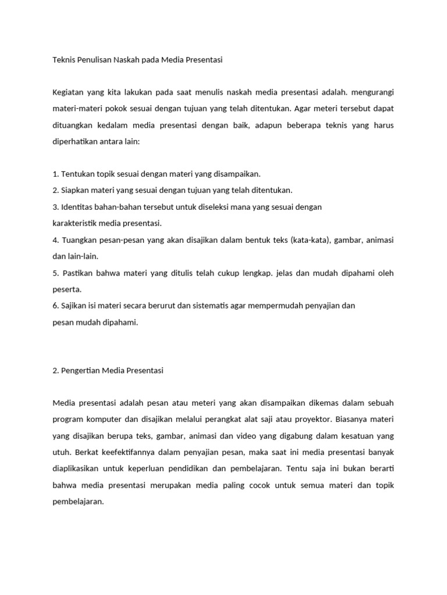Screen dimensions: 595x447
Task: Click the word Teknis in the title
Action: tap(64, 59)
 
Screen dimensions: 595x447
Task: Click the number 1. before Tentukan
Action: tap(55, 174)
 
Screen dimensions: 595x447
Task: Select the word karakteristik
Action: tap(74, 223)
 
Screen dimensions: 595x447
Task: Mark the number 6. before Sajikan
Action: tap(55, 306)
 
